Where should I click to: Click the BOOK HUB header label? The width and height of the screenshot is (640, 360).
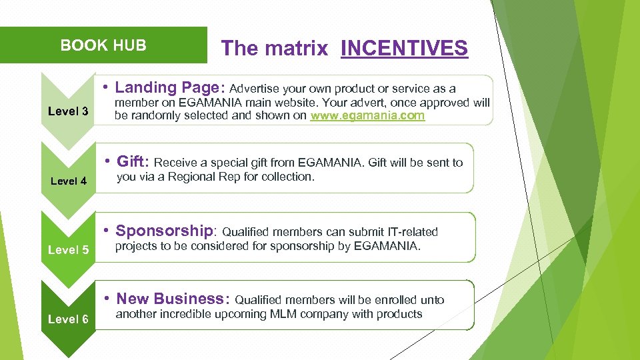[103, 45]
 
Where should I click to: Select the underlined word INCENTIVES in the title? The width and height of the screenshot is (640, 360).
[404, 48]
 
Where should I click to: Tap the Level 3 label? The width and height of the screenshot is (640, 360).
[68, 111]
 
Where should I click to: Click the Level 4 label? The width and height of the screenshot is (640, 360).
[68, 181]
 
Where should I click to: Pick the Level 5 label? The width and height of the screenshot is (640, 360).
[68, 250]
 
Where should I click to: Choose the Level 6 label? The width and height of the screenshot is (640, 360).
[68, 319]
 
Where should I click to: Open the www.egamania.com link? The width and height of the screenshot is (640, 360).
[367, 115]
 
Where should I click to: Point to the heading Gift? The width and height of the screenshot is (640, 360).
[133, 161]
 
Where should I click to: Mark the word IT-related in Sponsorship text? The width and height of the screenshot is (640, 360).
[413, 232]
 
